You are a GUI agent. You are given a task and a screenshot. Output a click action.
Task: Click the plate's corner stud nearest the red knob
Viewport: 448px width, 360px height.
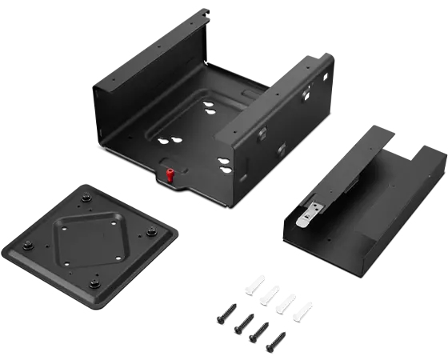(150, 232)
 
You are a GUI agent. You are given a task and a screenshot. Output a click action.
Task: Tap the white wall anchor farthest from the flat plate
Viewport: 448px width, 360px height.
(303, 312)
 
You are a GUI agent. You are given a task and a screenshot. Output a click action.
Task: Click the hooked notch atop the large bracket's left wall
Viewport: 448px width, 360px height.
(206, 13)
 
